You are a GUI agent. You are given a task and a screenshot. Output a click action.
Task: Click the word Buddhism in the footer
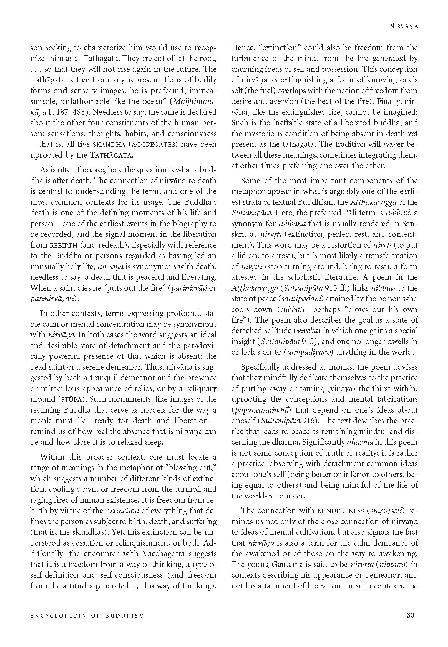125,618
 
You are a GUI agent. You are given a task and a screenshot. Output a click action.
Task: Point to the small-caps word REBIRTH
61,245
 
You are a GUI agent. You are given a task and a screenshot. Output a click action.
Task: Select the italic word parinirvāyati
54,299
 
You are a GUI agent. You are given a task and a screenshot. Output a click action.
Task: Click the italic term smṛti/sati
386,511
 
